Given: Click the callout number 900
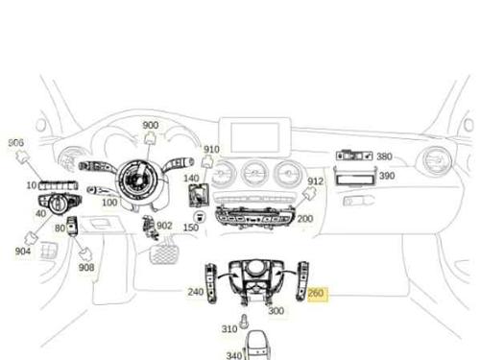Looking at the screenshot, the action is (151, 126).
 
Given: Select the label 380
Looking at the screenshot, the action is (384, 156).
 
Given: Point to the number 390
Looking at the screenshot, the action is (386, 176).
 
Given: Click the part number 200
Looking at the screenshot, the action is (305, 219).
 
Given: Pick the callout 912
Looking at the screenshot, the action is (316, 181).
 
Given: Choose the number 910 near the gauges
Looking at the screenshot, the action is (211, 149).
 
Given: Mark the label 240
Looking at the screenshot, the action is (195, 292).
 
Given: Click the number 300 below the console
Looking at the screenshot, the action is (276, 310).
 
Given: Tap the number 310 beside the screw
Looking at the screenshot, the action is (228, 329).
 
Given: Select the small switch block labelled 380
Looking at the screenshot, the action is (353, 156).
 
